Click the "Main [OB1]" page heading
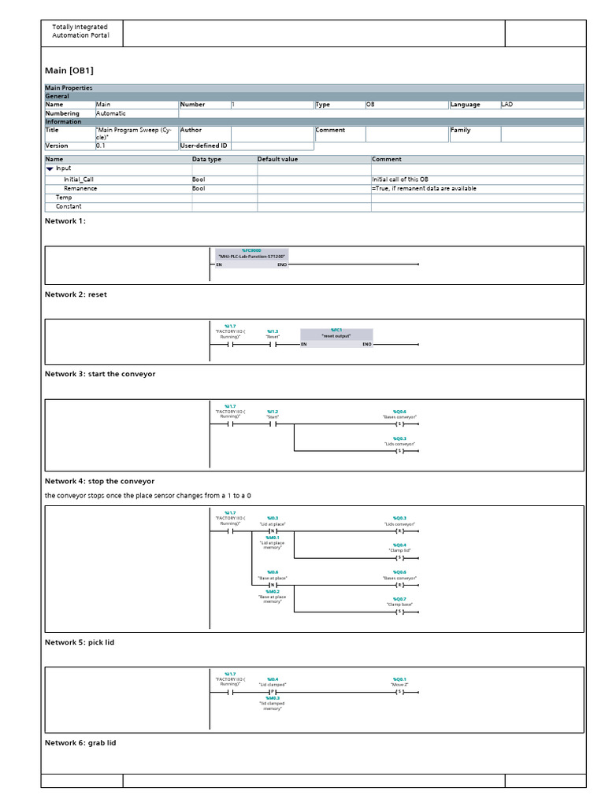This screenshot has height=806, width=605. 69,71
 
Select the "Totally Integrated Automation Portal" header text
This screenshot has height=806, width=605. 80,31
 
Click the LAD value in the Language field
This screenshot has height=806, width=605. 509,104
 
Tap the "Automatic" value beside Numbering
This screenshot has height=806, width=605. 110,113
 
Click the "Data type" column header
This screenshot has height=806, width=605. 207,159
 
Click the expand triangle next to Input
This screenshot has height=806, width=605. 50,168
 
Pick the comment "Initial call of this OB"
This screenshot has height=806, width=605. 400,179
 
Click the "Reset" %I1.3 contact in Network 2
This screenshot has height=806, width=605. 273,345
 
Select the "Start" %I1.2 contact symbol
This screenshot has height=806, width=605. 273,424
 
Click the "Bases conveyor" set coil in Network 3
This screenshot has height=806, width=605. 399,424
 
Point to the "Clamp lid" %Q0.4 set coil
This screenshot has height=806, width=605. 399,558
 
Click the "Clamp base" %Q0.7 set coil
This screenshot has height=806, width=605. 399,612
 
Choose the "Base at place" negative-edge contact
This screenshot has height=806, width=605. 273,585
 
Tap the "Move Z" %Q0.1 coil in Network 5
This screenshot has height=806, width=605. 399,693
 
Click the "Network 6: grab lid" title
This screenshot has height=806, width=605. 80,742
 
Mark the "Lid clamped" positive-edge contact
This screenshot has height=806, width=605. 273,693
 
